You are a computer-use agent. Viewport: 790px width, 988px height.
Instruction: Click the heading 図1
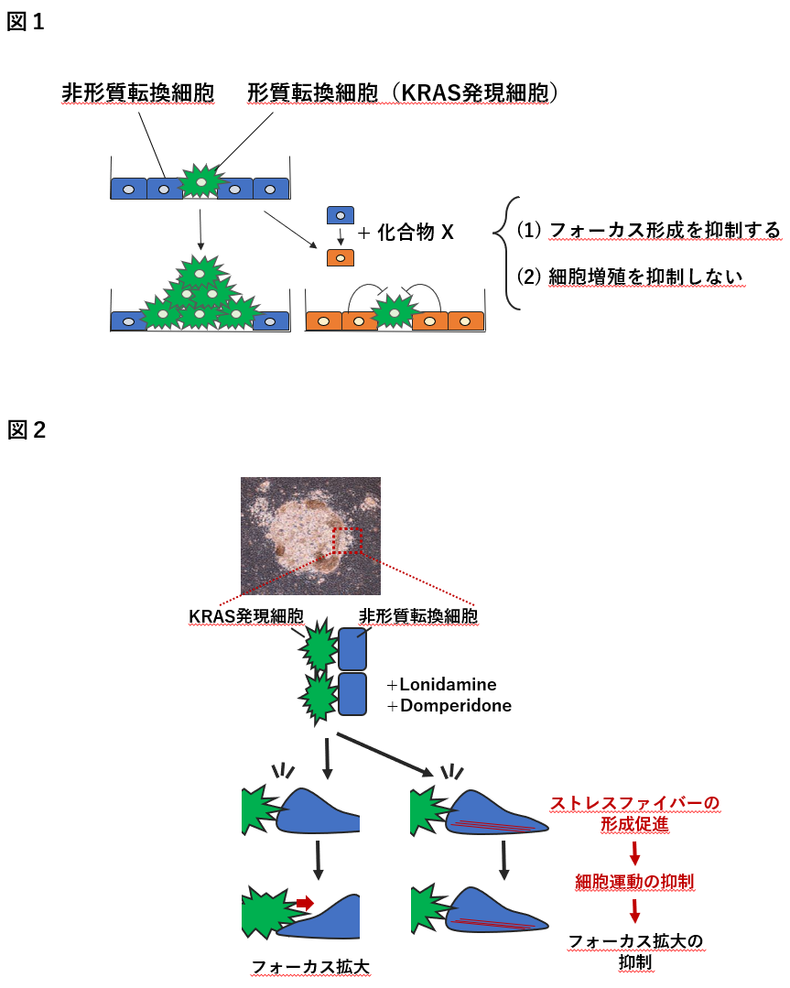(26, 23)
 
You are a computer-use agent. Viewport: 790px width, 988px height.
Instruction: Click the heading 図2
(27, 429)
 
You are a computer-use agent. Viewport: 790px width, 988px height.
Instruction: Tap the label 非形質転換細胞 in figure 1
(138, 92)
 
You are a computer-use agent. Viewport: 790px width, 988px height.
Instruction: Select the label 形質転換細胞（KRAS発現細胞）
(403, 92)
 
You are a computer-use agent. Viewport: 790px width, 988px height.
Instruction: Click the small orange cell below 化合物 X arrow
(341, 257)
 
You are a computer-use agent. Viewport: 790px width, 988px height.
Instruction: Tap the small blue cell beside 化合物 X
(341, 215)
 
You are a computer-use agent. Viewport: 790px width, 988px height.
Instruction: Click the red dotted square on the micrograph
(348, 540)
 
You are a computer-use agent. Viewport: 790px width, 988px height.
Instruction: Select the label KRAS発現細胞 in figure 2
(246, 615)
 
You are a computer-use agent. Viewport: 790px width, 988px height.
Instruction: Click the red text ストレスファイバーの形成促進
(633, 813)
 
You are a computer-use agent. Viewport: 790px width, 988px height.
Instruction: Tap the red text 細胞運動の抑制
(633, 882)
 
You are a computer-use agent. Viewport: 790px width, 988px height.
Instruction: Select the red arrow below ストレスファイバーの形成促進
(633, 852)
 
